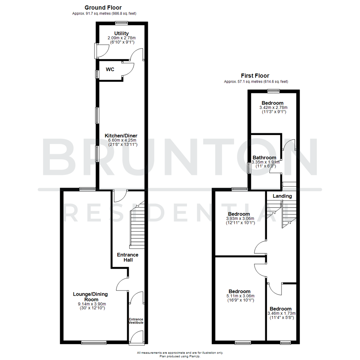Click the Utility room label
121,33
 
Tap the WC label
110,70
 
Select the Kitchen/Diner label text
121,136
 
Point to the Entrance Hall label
127,257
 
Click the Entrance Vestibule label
136,321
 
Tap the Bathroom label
264,157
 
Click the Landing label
282,196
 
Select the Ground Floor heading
103,7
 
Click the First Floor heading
255,76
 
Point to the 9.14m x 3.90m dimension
90,304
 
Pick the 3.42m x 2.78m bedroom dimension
273,108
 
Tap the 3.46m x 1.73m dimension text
281,313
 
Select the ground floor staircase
137,227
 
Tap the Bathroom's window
249,168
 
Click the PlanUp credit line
180,356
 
